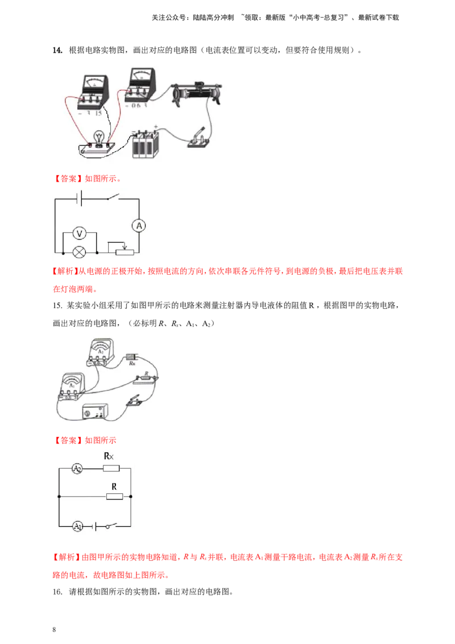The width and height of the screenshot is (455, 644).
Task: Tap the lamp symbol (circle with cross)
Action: click(x=81, y=251)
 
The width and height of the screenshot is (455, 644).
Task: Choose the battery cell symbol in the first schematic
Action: click(x=80, y=199)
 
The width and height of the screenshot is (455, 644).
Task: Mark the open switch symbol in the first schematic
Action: click(x=113, y=199)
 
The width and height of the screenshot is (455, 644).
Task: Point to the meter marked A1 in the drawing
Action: click(x=72, y=387)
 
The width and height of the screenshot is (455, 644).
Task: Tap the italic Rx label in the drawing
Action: click(x=133, y=362)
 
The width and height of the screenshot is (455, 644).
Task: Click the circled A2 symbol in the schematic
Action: click(x=77, y=469)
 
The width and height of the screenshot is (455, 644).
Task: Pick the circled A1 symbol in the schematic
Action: click(x=77, y=526)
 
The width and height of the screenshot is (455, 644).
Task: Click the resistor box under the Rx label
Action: click(x=110, y=469)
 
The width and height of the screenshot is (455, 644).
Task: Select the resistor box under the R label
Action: click(x=114, y=497)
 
